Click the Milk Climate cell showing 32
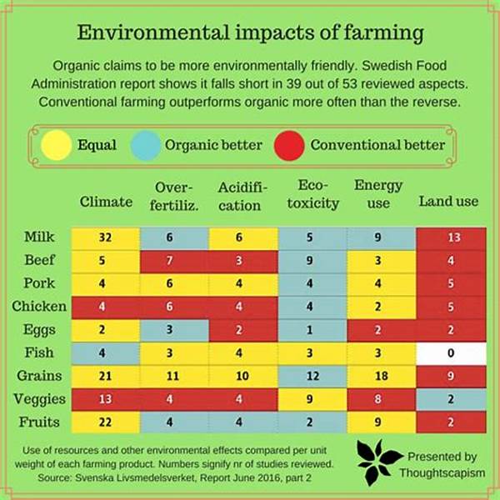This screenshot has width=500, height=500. [x=105, y=237]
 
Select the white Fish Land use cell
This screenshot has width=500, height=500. [x=451, y=352]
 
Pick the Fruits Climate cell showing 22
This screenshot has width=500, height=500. [x=105, y=422]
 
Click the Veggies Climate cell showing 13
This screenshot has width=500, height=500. [x=105, y=398]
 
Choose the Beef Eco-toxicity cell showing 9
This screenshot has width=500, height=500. [x=310, y=260]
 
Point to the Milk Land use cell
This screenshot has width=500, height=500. [x=451, y=237]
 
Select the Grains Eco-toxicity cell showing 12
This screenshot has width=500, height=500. [x=310, y=377]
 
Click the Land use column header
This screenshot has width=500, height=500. [x=448, y=201]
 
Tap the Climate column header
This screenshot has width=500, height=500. [x=106, y=201]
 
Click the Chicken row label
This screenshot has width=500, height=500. [x=39, y=306]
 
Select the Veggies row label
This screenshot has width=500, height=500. [x=40, y=398]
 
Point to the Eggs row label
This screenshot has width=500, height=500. [x=39, y=329]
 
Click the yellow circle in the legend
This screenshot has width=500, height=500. [x=57, y=145]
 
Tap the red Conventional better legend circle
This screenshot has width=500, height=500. [x=289, y=145]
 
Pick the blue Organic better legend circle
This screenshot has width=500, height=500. [x=147, y=145]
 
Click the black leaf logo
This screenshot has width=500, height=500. [x=379, y=462]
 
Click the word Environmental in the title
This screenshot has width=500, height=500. [x=152, y=34]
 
